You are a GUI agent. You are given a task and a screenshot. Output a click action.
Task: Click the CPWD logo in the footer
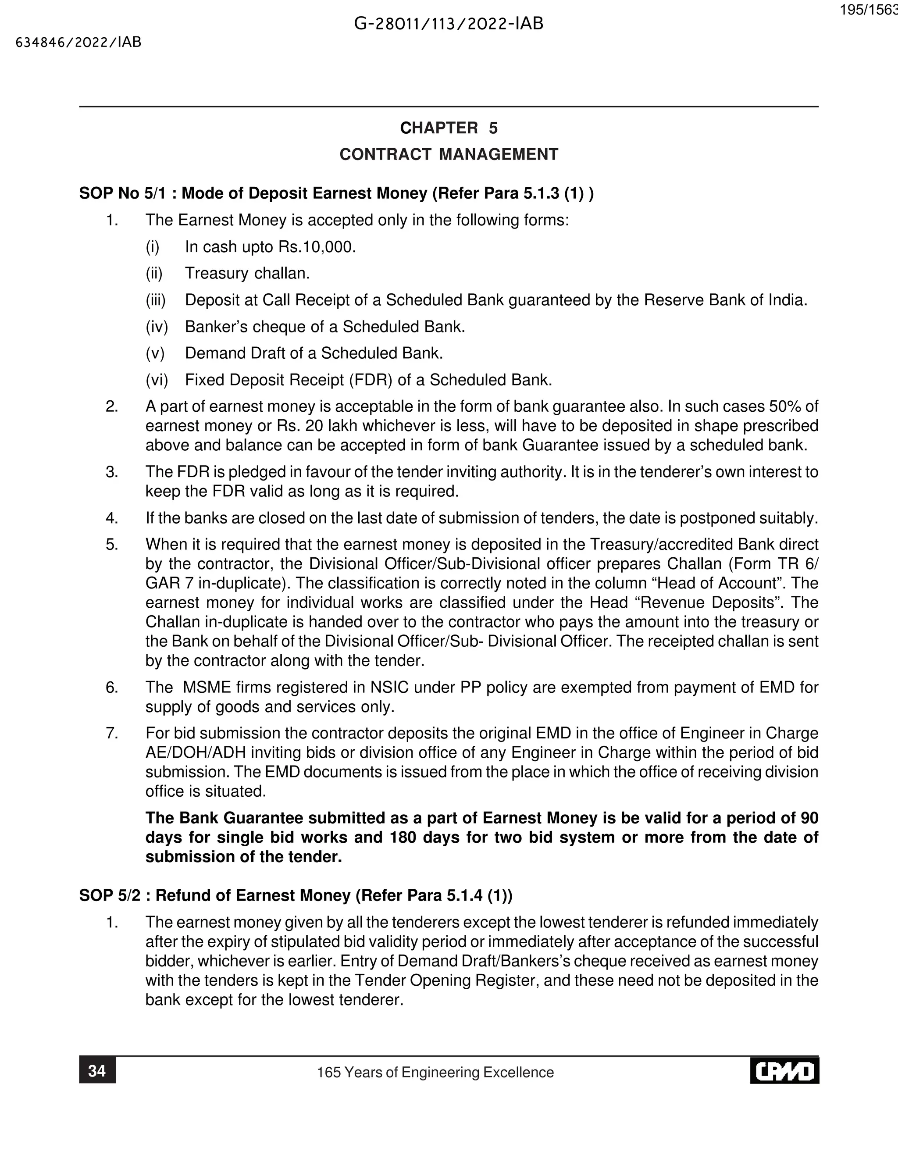point(785,1070)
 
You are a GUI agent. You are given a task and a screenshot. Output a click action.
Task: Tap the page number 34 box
point(97,1070)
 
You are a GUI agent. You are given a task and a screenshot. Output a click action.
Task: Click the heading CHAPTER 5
point(449,128)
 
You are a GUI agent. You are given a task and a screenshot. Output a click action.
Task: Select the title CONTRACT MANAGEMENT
point(449,154)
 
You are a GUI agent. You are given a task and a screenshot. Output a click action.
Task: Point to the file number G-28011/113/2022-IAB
point(449,24)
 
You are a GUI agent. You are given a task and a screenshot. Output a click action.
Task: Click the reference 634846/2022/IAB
point(79,43)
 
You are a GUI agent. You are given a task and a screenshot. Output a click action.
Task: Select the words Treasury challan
point(247,274)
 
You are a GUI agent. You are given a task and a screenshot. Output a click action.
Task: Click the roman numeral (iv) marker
point(157,327)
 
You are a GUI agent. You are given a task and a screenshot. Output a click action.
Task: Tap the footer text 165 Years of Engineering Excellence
point(435,1072)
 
